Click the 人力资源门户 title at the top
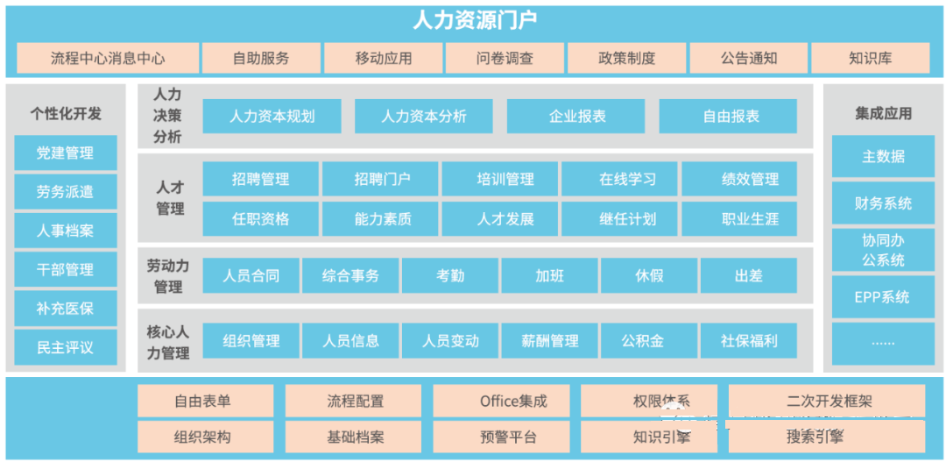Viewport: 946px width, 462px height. coord(475,21)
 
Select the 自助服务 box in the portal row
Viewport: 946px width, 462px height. coord(261,58)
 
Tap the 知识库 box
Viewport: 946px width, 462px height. coord(870,58)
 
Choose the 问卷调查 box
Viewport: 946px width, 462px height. coord(505,58)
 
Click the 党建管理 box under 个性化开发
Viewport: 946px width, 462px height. coord(65,153)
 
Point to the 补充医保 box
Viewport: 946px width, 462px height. coord(65,309)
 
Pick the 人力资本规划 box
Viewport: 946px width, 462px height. coord(272,116)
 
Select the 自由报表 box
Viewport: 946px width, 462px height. coord(728,116)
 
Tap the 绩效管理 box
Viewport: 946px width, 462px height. coord(739,179)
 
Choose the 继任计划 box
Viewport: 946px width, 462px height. coord(619,218)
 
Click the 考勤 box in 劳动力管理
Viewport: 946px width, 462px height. coord(450,275)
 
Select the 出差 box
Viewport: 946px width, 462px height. coord(748,275)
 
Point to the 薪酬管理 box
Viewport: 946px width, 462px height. coord(549,341)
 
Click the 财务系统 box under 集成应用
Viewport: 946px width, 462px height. coord(883,203)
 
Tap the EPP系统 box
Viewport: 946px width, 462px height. coord(883,297)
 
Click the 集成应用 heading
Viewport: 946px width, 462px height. coord(883,114)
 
